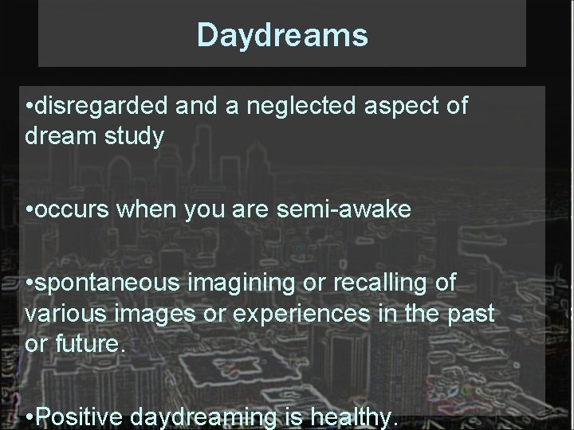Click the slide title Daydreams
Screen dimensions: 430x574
[282, 35]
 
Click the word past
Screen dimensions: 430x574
[471, 313]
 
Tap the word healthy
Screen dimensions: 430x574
[352, 417]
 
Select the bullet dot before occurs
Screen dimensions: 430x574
[29, 212]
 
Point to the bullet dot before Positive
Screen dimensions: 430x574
[29, 416]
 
